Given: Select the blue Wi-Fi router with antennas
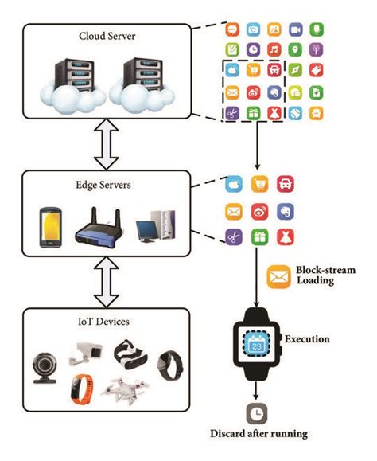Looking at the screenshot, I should [x=99, y=226].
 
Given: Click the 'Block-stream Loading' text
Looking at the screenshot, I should [x=326, y=276].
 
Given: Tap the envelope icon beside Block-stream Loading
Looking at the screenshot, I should [x=278, y=276].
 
